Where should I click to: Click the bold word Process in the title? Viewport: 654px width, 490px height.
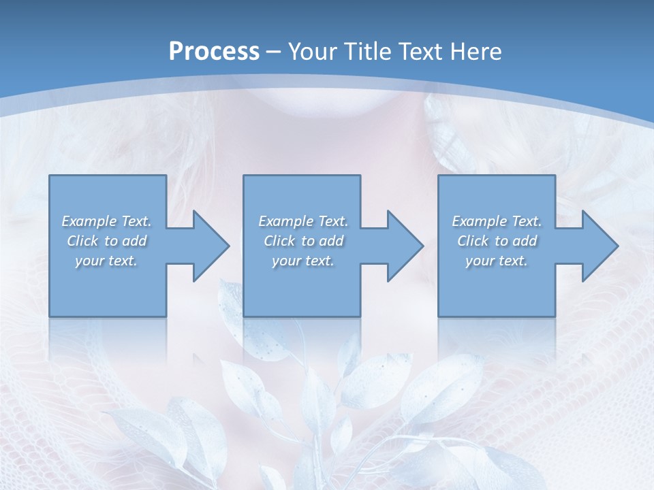tap(214, 52)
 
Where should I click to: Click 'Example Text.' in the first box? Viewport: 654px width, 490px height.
tap(106, 221)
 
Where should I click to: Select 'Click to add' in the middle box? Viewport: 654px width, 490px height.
tap(303, 241)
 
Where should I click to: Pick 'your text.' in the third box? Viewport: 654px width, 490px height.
tap(497, 261)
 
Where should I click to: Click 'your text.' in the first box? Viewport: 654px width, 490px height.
tap(106, 261)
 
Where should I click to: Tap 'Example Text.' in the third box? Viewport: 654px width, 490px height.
tap(497, 221)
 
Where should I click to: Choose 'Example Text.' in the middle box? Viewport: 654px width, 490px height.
tap(303, 221)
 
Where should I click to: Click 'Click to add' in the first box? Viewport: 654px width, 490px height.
tap(106, 241)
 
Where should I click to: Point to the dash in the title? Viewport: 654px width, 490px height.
tap(274, 52)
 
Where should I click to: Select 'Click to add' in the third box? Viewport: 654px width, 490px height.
tap(497, 241)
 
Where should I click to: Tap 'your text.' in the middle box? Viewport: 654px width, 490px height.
tap(303, 261)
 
